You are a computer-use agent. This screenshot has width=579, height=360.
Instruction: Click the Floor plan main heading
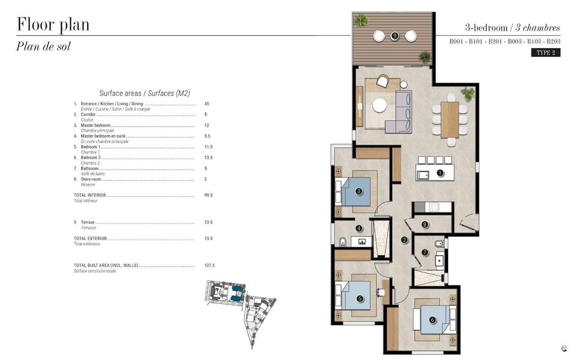(53, 25)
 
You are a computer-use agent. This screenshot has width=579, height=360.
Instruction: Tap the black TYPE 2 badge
(545, 53)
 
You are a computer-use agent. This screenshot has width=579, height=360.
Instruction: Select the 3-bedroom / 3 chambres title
(512, 27)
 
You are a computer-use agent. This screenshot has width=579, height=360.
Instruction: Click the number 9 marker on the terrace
(394, 36)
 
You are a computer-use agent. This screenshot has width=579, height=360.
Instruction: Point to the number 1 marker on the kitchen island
(439, 172)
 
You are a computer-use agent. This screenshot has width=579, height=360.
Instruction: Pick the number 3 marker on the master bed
(359, 191)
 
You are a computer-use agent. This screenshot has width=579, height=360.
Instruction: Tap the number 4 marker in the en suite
(359, 229)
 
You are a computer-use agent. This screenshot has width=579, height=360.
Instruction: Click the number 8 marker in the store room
(424, 225)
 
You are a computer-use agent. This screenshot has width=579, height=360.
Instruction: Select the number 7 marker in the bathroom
(424, 252)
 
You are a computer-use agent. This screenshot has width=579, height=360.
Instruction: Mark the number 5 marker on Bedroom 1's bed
(360, 299)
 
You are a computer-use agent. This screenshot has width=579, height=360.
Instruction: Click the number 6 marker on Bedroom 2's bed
(432, 319)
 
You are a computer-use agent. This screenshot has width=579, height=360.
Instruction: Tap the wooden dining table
(449, 119)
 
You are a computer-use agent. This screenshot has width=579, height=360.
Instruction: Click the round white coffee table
(379, 105)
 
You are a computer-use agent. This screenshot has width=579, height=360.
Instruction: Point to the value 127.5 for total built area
(209, 266)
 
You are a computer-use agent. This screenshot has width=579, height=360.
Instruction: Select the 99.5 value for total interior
(208, 196)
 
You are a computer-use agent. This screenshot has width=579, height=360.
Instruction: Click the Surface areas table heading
(145, 93)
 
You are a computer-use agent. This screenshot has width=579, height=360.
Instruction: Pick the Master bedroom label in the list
(96, 126)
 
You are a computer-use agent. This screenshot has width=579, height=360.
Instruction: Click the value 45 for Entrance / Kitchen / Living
(207, 104)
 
